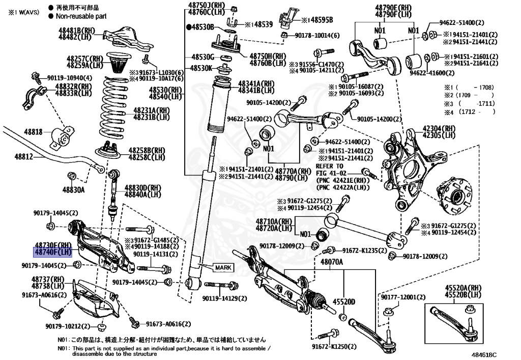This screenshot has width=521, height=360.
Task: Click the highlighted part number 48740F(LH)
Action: point(53,252)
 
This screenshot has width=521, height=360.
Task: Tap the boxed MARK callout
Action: point(223,267)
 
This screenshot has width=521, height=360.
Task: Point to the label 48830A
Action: point(74,190)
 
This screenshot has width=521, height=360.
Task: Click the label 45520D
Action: point(344,301)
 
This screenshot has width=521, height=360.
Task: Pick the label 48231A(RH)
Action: point(152,110)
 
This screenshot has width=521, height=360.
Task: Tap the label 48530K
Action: point(201,68)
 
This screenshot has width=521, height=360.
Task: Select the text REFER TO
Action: point(330,166)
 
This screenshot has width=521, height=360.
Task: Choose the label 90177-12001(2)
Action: point(402,297)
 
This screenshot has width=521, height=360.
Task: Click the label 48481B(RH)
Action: point(77,31)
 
